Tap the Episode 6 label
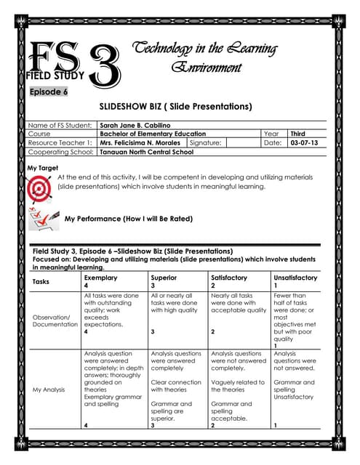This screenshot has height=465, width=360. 49,92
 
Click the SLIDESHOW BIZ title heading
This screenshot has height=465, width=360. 180,107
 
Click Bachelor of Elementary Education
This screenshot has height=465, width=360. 153,134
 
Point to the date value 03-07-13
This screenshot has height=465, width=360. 303,143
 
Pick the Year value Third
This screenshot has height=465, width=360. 298,134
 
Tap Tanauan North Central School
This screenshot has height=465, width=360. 147,153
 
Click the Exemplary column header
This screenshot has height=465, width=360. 100,278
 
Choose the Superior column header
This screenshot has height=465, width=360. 163,278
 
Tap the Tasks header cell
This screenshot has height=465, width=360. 42,282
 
